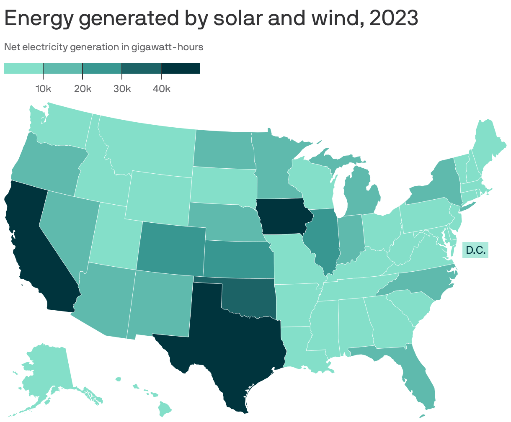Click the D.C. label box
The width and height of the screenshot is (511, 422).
point(475,250)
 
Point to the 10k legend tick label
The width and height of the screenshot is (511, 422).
point(43,89)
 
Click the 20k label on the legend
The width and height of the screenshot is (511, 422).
point(83,89)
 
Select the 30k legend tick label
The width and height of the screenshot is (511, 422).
point(122,89)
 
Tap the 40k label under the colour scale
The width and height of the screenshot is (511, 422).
point(161,89)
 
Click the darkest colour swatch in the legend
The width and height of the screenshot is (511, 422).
point(181,68)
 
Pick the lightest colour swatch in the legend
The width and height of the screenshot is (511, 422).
point(23,68)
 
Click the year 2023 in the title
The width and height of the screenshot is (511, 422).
point(394,18)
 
